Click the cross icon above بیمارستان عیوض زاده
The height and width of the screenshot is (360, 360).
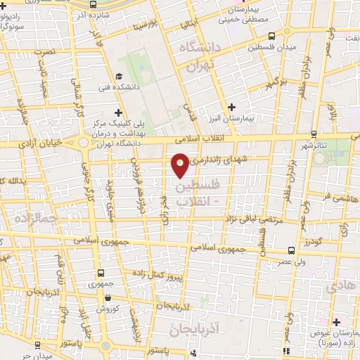click(336, 321)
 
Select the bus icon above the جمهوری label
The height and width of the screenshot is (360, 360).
click(102, 273)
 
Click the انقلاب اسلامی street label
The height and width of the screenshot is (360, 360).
click(211, 139)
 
